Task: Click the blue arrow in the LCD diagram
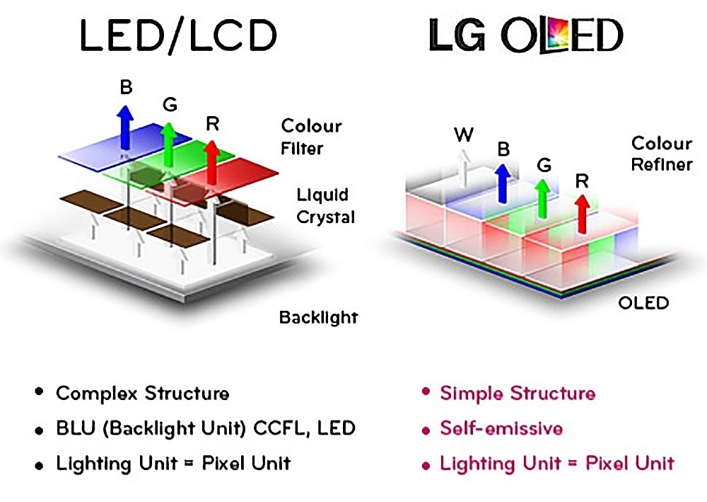pos(124,125)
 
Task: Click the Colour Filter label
pos(311,137)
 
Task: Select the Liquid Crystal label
pos(322,206)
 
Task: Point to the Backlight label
pos(318,316)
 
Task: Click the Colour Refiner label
pos(661,154)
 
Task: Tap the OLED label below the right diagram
pos(643,303)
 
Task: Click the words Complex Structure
pos(142,394)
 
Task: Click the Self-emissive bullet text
pos(501,428)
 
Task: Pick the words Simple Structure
pos(517,393)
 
